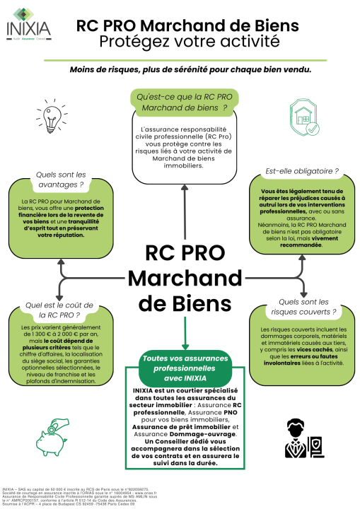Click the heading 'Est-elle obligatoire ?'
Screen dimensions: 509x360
coord(301,171)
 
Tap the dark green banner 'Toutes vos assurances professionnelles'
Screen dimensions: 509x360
coord(180,368)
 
